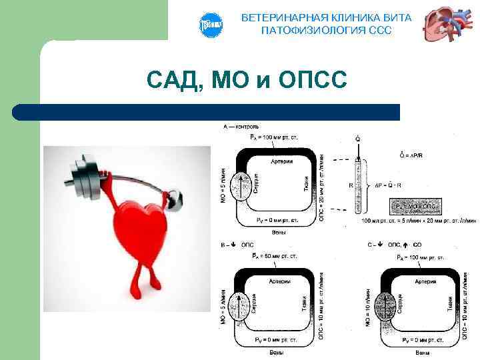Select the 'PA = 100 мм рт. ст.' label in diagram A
pyautogui.click(x=273, y=137)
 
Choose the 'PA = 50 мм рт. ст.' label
pyautogui.click(x=273, y=255)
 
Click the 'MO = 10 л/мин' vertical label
pyautogui.click(x=367, y=307)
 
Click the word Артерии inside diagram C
pyautogui.click(x=425, y=282)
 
